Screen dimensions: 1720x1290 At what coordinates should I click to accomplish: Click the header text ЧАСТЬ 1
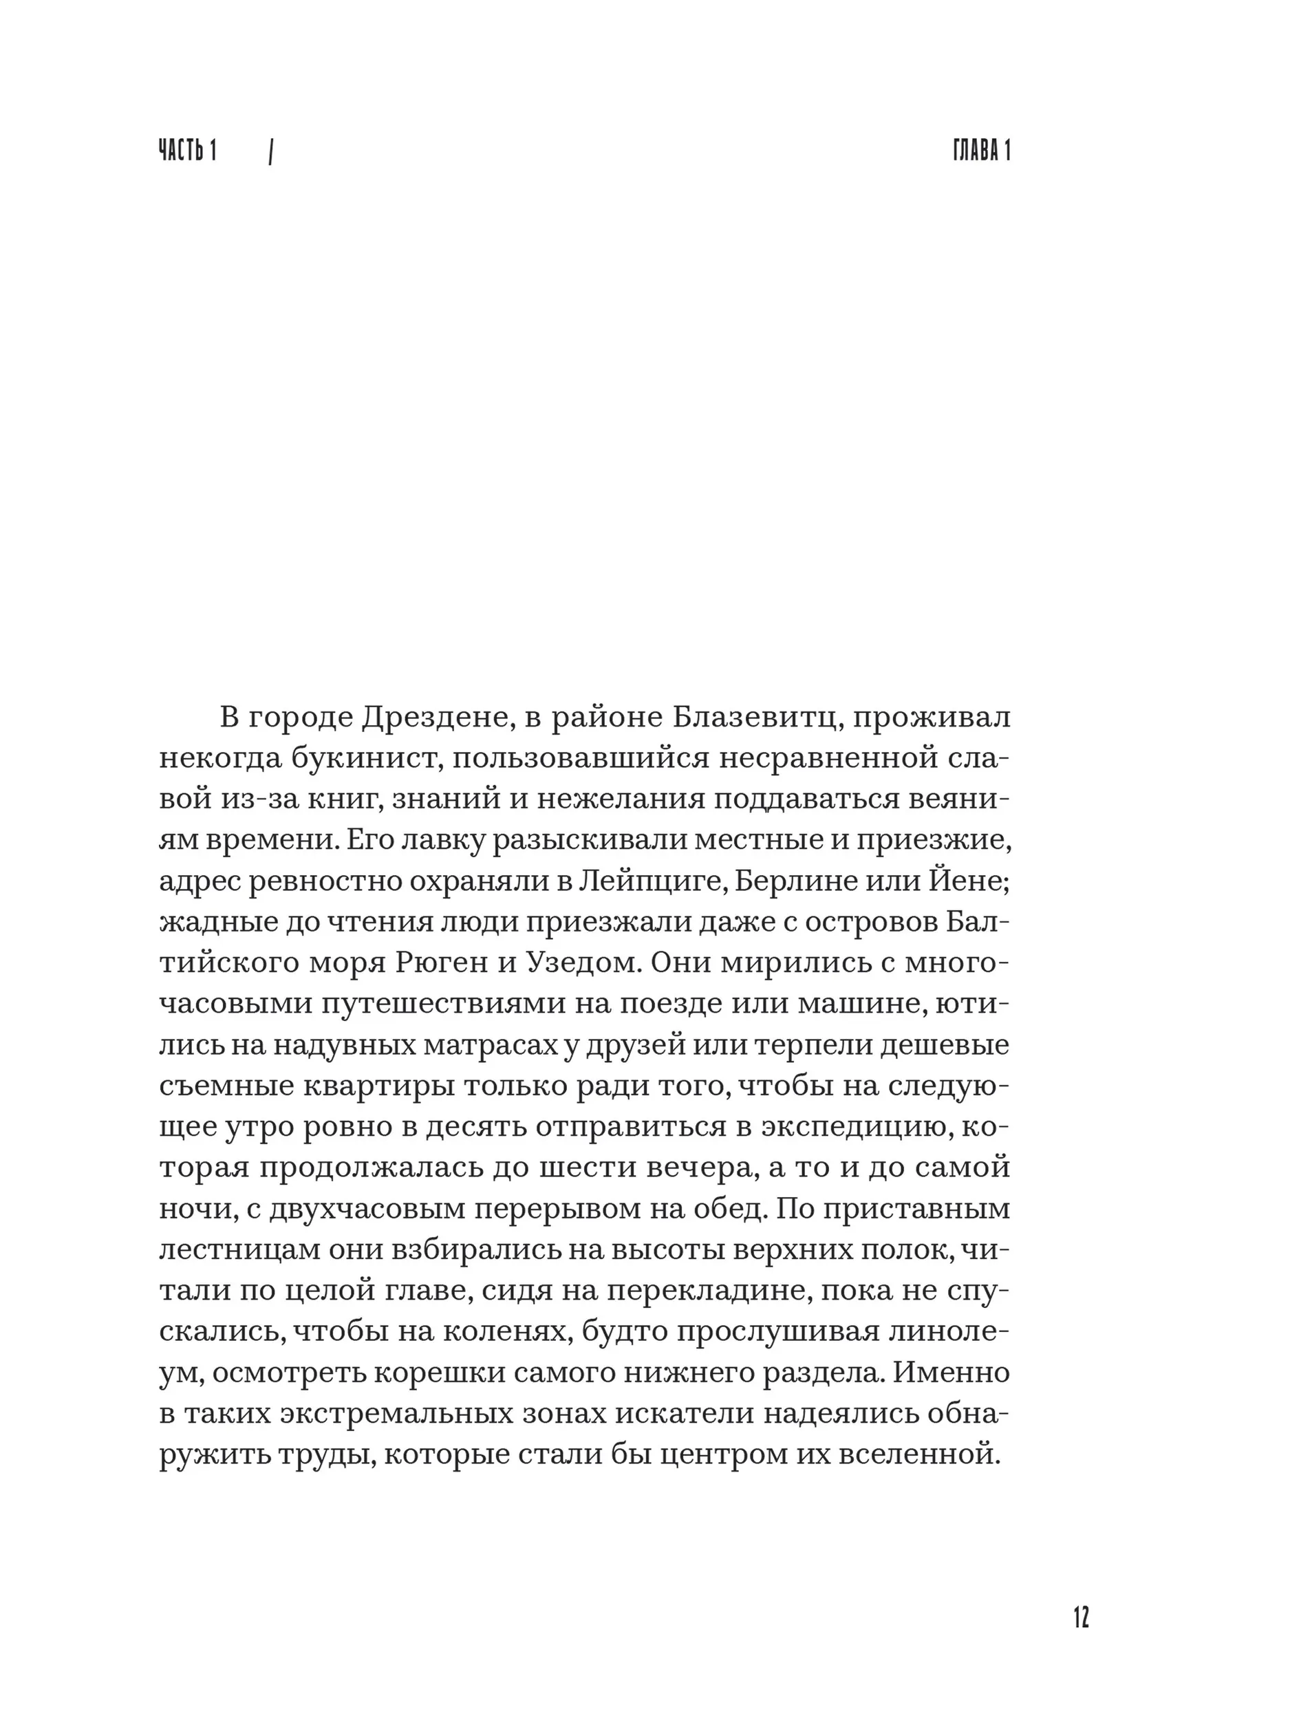click(x=187, y=150)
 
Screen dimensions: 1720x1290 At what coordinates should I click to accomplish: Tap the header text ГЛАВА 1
click(x=981, y=150)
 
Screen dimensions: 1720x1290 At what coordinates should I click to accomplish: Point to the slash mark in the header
click(x=270, y=153)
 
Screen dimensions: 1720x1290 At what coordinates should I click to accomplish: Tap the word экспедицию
click(x=852, y=1128)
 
